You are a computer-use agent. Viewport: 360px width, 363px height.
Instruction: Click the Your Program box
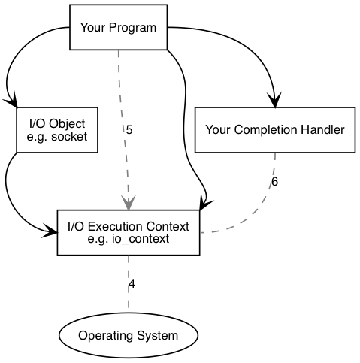click(118, 28)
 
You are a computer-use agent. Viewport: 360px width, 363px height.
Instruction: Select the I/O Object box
click(56, 129)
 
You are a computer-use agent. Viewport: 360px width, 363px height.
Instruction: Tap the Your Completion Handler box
click(274, 129)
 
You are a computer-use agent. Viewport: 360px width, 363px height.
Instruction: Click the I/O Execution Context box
click(129, 233)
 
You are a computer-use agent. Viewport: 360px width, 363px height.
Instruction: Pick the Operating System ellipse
click(128, 335)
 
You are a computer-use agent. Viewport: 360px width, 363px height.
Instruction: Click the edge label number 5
click(129, 130)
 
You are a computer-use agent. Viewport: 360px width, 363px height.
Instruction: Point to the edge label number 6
click(274, 182)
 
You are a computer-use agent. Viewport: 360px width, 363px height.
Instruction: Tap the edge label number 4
click(132, 284)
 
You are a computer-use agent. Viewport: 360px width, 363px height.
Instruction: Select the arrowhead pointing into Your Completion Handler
click(274, 100)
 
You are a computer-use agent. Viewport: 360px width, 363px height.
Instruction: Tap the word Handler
click(324, 130)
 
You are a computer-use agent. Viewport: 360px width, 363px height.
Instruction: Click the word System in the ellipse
click(159, 335)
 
